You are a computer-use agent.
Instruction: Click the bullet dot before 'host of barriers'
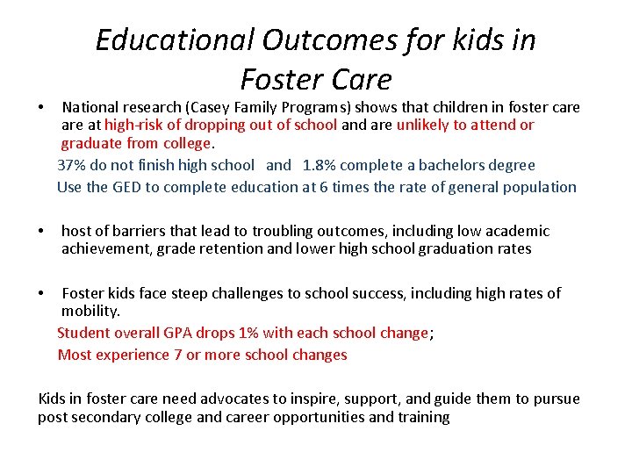42,232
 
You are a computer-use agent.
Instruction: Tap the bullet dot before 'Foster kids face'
42,293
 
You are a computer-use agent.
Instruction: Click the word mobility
90,311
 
